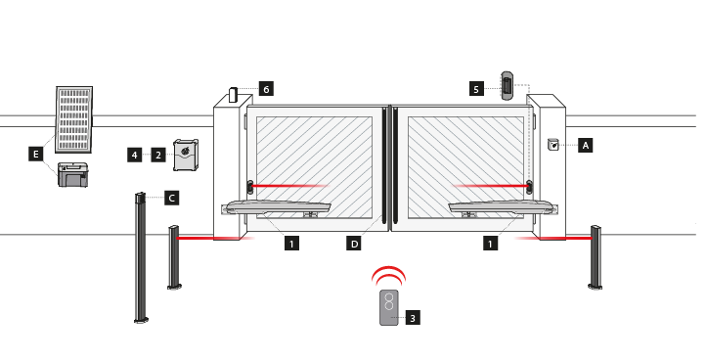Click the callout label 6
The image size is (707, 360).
(x=266, y=89)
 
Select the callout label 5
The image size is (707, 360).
(x=476, y=89)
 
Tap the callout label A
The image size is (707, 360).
(x=586, y=145)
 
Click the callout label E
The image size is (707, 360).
(x=35, y=155)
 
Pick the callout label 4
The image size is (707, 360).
(x=134, y=156)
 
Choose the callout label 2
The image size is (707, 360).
(x=158, y=156)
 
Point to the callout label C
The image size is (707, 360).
(x=172, y=198)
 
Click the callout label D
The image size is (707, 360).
(x=354, y=244)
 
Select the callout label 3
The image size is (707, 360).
(x=413, y=318)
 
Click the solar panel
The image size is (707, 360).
(x=74, y=119)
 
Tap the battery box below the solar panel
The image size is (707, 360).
(x=73, y=175)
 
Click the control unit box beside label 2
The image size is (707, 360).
(x=186, y=156)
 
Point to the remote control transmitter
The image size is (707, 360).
(x=389, y=307)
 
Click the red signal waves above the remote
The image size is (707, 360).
(x=388, y=275)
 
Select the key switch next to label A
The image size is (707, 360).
(x=553, y=145)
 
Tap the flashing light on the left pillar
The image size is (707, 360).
(x=233, y=95)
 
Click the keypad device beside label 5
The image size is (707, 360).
(x=508, y=85)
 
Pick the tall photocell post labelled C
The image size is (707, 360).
(x=141, y=257)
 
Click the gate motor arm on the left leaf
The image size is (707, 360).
(x=277, y=207)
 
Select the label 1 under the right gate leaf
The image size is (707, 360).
(x=490, y=244)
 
